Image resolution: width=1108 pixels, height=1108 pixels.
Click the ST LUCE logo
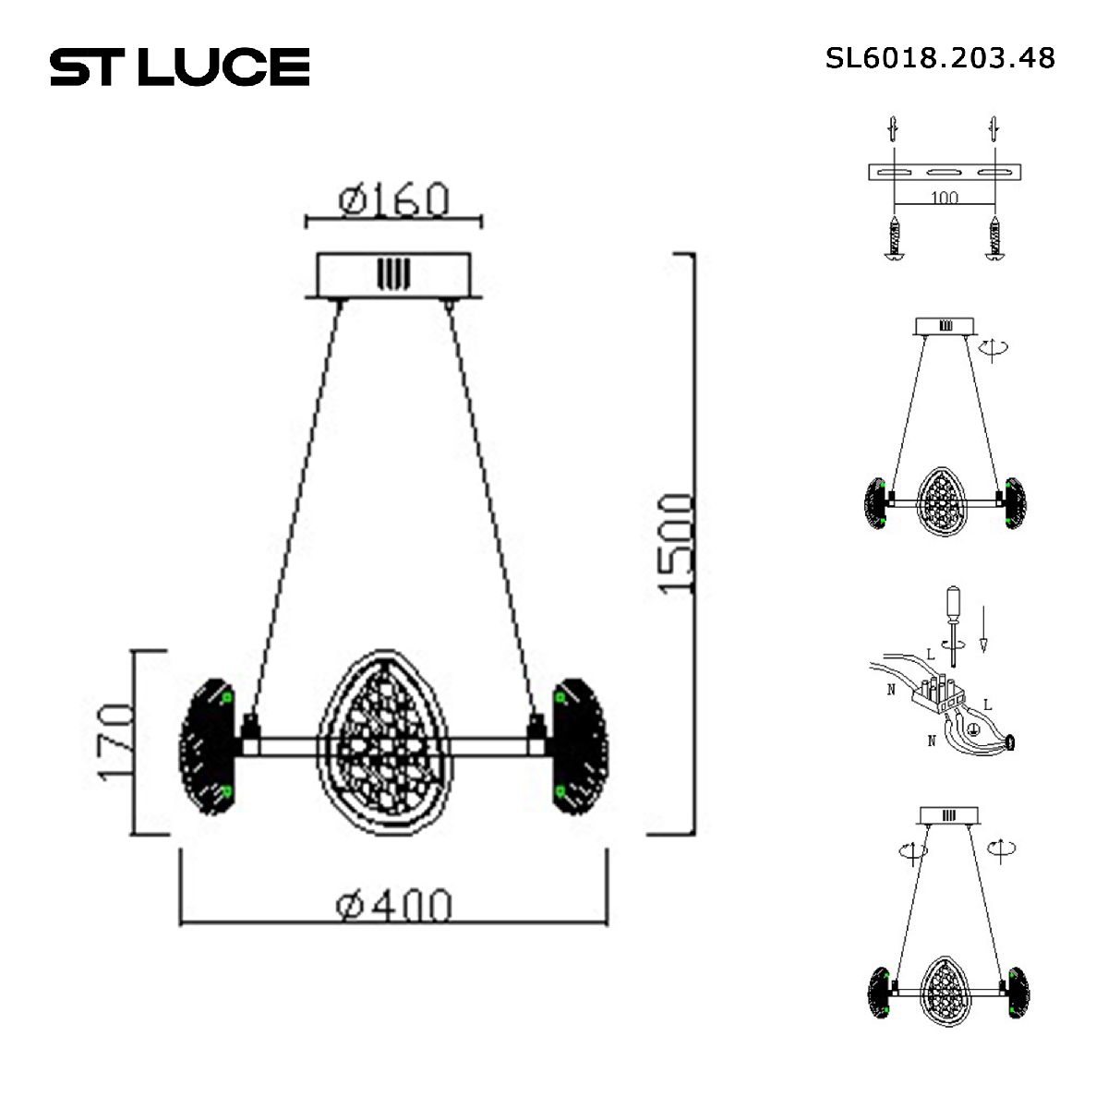[179, 66]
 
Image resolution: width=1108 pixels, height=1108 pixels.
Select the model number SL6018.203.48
[939, 58]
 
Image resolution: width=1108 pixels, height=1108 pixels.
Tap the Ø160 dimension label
[394, 199]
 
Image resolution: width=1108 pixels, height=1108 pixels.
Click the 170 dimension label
[117, 742]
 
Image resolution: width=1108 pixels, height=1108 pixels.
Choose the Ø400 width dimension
[394, 906]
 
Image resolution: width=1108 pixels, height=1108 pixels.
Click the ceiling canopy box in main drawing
[394, 274]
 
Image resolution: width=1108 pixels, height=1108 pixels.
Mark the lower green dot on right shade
[559, 791]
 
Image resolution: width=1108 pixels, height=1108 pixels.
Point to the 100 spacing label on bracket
[944, 198]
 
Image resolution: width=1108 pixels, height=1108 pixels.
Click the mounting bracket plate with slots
[945, 173]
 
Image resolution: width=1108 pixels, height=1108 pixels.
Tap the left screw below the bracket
[894, 239]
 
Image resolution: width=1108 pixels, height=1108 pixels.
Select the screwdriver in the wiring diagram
[951, 619]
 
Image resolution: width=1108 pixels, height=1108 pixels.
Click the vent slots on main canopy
[391, 273]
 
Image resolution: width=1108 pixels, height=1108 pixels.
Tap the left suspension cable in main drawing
[293, 508]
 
